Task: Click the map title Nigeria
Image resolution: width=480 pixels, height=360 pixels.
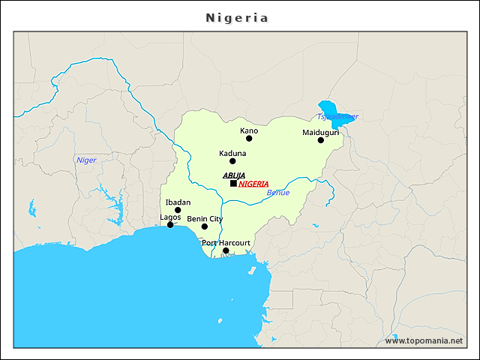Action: point(237,17)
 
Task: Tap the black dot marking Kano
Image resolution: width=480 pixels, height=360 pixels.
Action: point(249,138)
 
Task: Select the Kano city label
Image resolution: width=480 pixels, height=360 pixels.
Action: point(249,130)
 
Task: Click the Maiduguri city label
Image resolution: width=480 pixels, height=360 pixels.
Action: point(320,132)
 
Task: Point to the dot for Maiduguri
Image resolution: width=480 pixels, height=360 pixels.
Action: point(320,140)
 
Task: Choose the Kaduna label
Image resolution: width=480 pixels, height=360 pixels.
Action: point(232,153)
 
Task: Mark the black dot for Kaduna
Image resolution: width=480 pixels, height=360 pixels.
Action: point(232,161)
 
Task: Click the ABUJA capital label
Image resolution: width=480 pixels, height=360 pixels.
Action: point(234,175)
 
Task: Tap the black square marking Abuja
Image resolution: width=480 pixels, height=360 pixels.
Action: point(233,183)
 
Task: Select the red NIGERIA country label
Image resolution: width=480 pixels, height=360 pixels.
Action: point(253,184)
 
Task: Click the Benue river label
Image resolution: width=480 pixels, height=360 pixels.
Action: point(277,193)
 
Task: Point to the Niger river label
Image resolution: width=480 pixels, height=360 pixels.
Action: point(86,160)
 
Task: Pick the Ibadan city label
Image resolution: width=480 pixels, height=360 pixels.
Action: point(178,202)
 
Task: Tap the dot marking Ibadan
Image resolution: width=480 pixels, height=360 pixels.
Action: point(178,210)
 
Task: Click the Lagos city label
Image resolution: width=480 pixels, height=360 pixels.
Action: point(170,217)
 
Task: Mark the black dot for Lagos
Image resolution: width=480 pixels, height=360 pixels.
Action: point(170,225)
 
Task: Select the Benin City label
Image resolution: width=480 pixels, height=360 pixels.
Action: point(205,218)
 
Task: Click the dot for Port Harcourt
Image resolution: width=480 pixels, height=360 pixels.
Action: point(226,250)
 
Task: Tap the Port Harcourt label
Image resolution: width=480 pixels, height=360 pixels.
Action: point(226,242)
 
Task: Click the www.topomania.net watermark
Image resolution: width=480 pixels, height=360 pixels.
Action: point(424,340)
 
